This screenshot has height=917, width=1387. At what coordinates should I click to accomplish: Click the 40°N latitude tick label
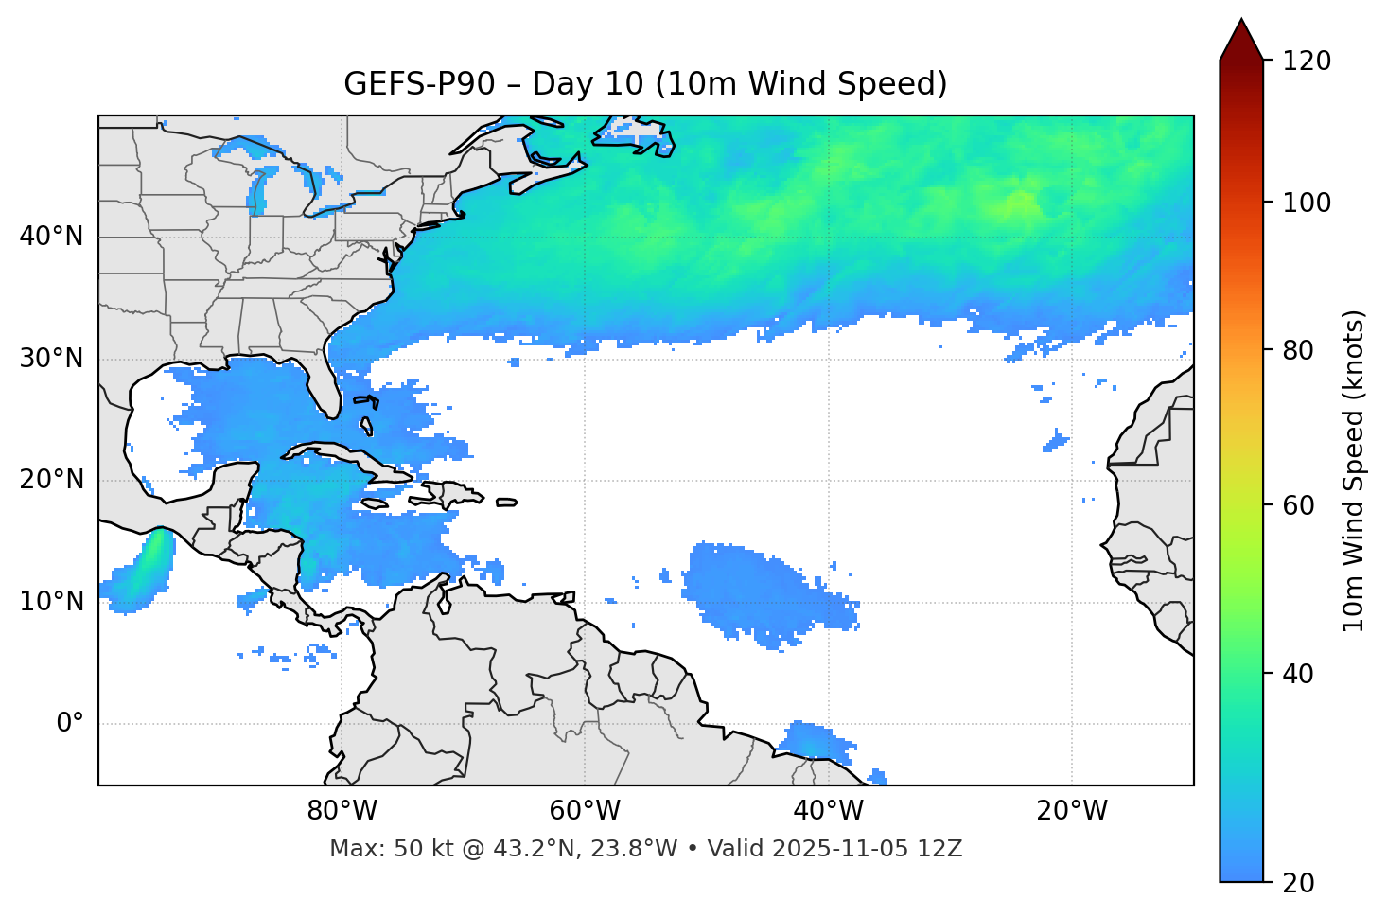click(x=51, y=237)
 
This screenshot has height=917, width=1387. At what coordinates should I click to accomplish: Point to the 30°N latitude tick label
click(x=51, y=359)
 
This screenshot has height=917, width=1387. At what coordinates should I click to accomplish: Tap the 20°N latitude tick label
click(x=51, y=480)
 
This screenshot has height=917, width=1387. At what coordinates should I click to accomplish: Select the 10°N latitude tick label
click(x=51, y=602)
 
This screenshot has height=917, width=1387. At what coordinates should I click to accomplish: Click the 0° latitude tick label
click(x=70, y=724)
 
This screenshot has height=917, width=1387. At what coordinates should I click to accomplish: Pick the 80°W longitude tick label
click(x=342, y=811)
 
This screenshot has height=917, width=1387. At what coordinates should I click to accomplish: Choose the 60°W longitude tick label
click(x=585, y=811)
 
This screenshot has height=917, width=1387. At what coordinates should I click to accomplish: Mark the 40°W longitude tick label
click(x=828, y=811)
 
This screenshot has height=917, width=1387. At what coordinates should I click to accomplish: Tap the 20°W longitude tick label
click(x=1071, y=811)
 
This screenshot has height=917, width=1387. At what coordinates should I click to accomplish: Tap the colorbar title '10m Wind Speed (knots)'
click(x=1354, y=471)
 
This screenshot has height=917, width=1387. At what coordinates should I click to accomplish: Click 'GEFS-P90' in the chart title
click(x=419, y=84)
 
